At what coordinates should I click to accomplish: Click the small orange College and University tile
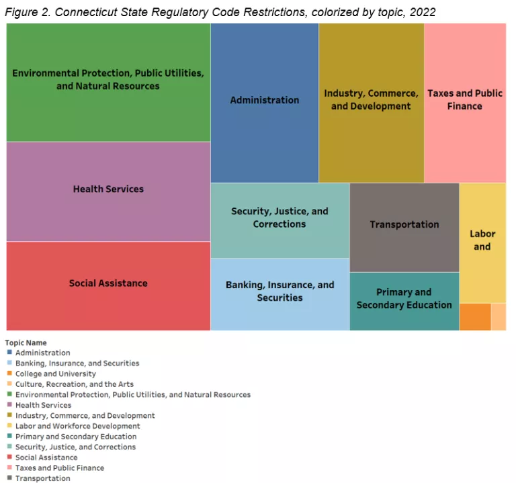coord(475,316)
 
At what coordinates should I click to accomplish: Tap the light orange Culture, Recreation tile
coord(499,316)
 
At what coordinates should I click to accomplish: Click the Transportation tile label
coord(404,224)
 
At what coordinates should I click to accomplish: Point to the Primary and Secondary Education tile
coord(404,299)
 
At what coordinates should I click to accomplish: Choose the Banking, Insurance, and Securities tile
coord(279,292)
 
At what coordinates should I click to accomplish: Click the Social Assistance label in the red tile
coord(108,283)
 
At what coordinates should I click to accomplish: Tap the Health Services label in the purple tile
coord(108,189)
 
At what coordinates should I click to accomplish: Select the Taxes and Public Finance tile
coord(465,100)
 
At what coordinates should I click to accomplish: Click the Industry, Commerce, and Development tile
coord(371,100)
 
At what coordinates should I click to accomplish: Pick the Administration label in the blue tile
coord(265,100)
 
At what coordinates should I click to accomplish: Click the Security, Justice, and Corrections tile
coord(279,218)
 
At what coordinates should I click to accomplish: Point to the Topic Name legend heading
coord(26,343)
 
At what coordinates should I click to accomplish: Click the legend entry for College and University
coord(56,374)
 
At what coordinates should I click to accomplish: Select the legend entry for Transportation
coord(43,478)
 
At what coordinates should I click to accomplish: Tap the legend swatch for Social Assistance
coord(9,457)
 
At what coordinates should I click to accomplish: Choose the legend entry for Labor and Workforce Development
coord(78,426)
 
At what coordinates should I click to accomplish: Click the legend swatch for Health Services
coord(9,405)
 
